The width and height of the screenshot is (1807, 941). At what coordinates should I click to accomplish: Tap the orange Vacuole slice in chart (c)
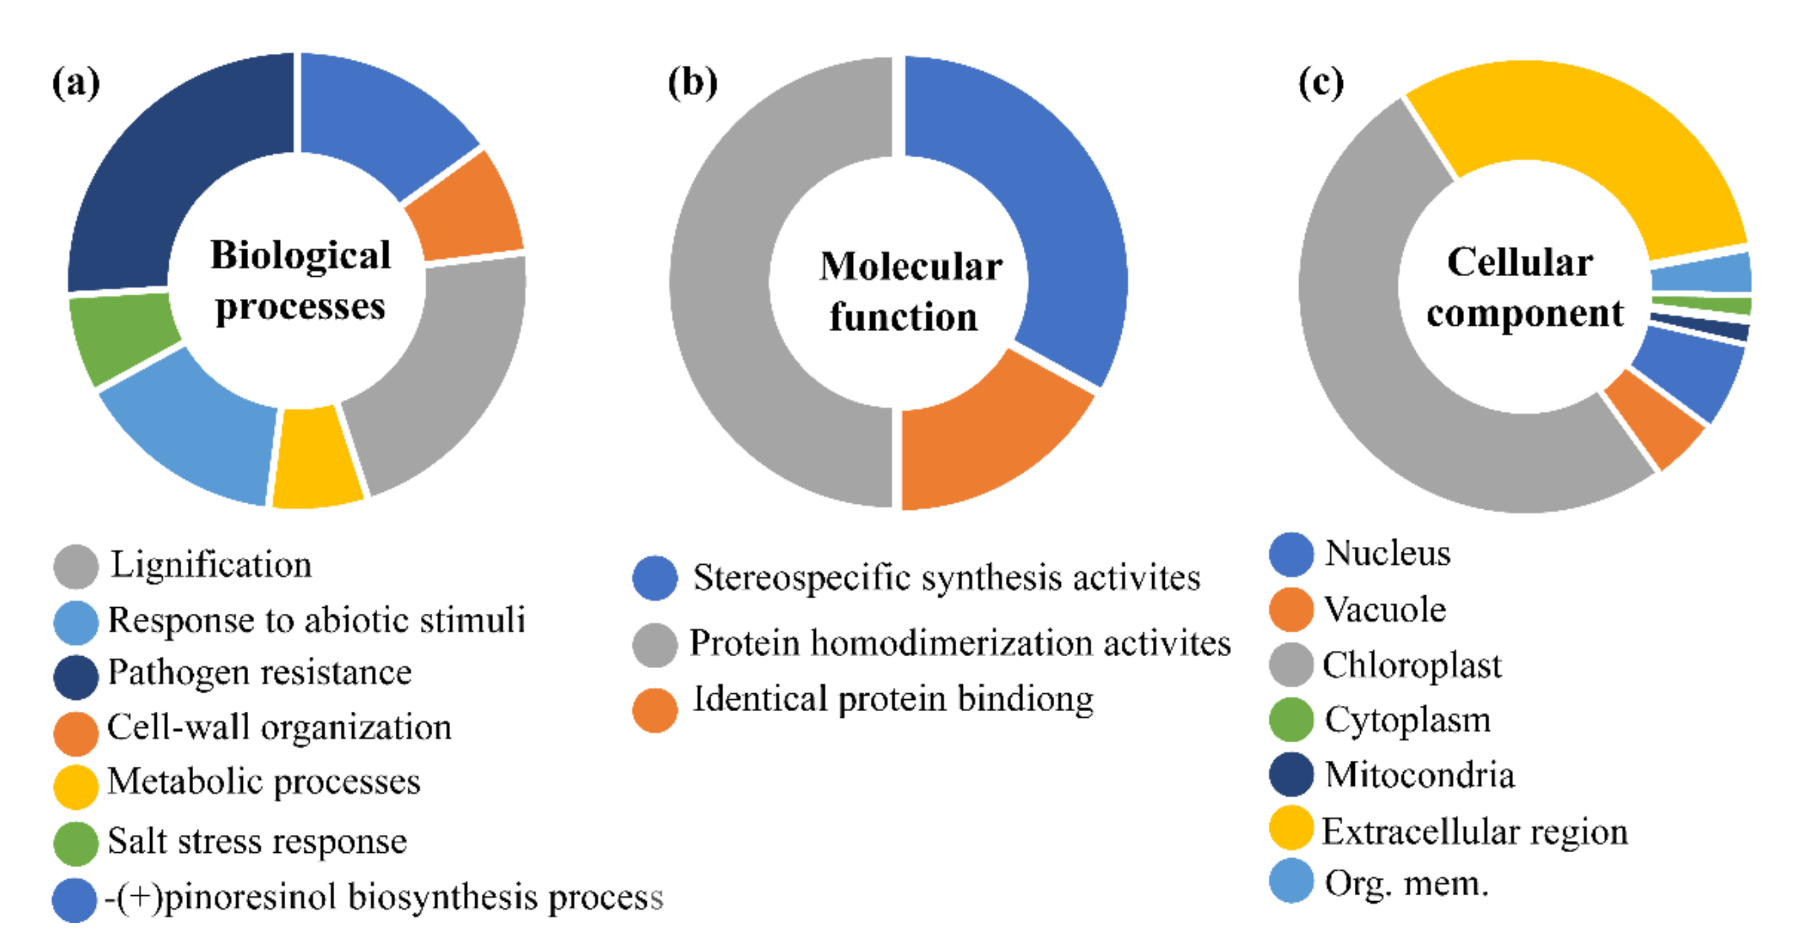(1656, 421)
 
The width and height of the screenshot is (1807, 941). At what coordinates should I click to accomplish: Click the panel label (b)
(693, 83)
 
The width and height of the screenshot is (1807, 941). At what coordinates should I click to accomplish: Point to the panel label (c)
(1321, 83)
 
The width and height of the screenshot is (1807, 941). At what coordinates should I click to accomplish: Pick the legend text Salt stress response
(257, 841)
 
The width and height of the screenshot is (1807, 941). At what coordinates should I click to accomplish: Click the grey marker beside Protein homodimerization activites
(654, 645)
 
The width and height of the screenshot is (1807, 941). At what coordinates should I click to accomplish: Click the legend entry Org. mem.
(1406, 883)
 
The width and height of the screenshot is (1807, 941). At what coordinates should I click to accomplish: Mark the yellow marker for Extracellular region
(1290, 828)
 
